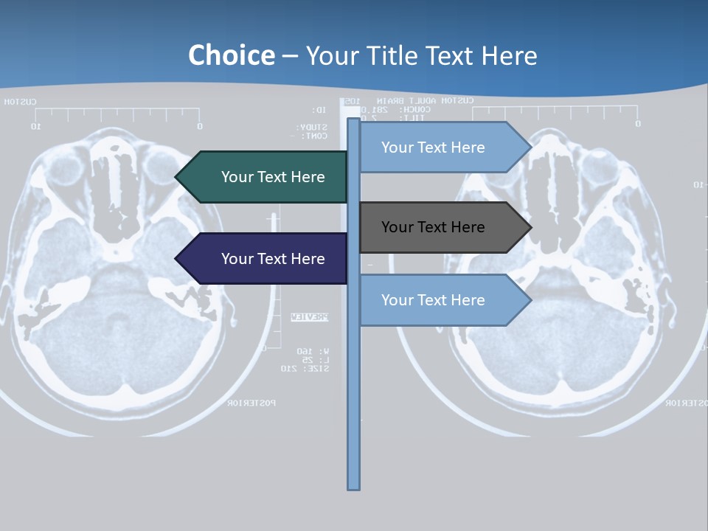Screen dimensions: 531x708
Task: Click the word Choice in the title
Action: pyautogui.click(x=231, y=55)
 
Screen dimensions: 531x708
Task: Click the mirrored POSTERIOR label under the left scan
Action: pyautogui.click(x=251, y=403)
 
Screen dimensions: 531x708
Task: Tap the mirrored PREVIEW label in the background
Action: pyautogui.click(x=310, y=317)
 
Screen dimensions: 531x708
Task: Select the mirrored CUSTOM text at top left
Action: pyautogui.click(x=20, y=102)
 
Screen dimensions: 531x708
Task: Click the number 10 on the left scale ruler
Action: pyautogui.click(x=35, y=126)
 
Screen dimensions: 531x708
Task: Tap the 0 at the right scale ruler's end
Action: pyautogui.click(x=638, y=124)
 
